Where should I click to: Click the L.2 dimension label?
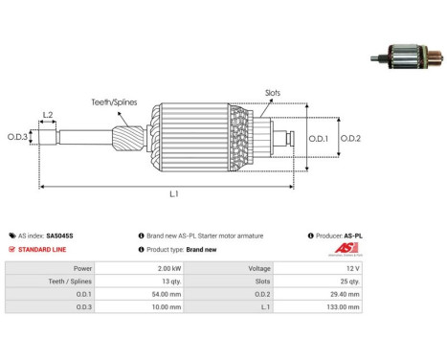pos(48,115)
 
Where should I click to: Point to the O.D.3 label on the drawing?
pos(17,137)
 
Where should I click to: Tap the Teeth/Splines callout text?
pos(114,102)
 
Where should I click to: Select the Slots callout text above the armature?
pos(273,93)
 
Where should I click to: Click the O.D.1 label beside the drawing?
pos(319,139)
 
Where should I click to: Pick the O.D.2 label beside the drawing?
pos(350,139)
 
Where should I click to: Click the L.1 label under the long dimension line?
pos(174,193)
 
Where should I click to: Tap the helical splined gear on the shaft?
pos(127,139)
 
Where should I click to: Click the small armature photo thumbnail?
pos(407,57)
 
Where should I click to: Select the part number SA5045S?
pos(59,236)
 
